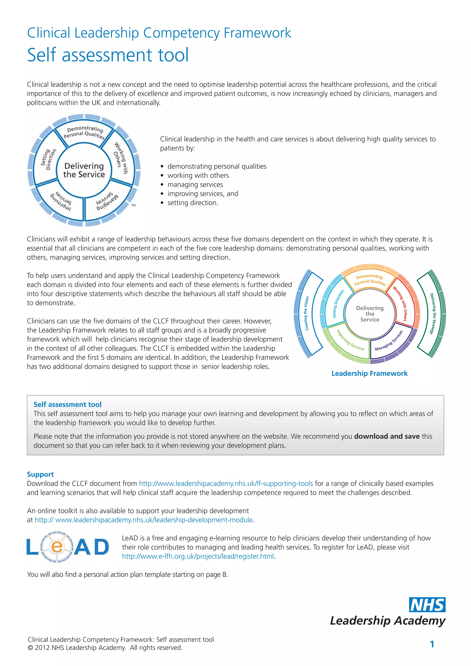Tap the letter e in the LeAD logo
[x=57, y=547]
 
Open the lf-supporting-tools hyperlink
[x=226, y=484]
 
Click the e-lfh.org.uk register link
[x=198, y=556]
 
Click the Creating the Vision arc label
[x=307, y=313]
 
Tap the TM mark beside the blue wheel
[x=133, y=205]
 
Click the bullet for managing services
[x=162, y=185]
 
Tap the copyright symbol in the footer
[x=30, y=648]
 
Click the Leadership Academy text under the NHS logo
[x=388, y=620]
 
